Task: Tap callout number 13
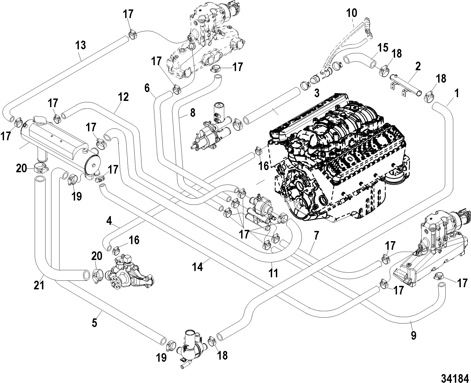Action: [81, 45]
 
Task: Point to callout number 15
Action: [383, 48]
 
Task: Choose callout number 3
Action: [317, 93]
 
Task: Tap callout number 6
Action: [147, 88]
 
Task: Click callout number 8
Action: [192, 113]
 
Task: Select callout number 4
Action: [109, 221]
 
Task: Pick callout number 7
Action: [316, 236]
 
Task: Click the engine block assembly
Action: [339, 153]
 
